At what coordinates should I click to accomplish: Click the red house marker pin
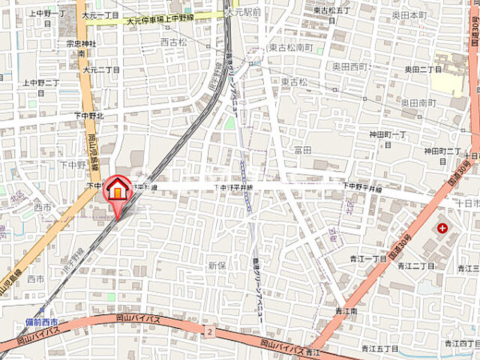[117, 190]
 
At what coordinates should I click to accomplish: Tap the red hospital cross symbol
[442, 227]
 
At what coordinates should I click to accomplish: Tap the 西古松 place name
[174, 43]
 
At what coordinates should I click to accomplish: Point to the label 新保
[217, 265]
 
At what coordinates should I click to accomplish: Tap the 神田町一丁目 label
[387, 134]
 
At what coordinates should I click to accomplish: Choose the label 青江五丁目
[379, 347]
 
